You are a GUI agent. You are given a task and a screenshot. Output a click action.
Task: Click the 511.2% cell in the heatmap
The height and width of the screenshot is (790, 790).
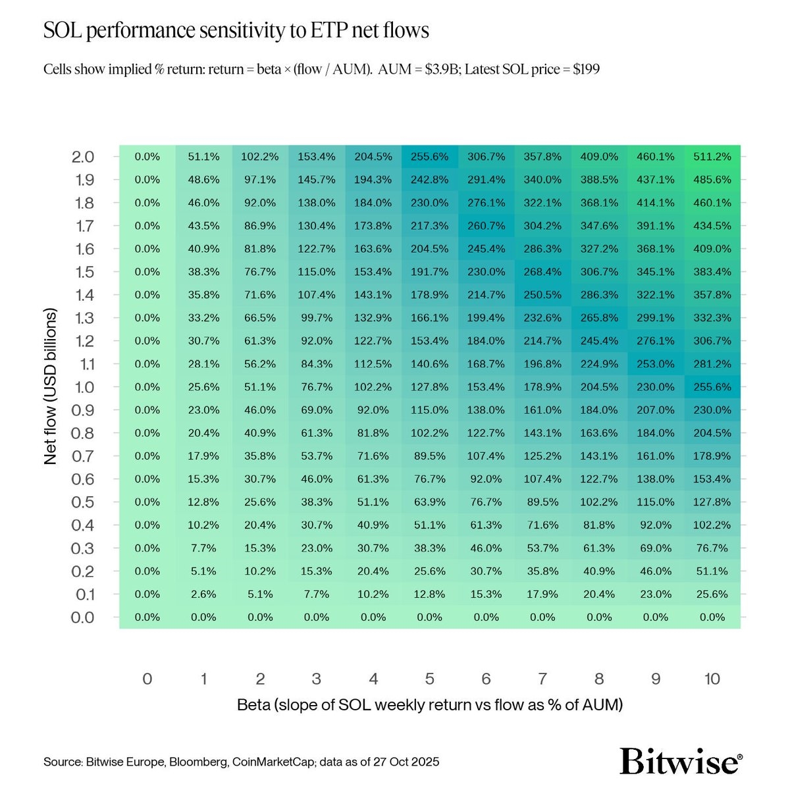tap(712, 157)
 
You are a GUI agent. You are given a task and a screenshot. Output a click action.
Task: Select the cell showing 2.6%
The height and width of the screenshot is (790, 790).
tap(203, 594)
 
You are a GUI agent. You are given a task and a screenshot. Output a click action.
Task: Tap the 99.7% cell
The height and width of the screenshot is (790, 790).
tap(317, 318)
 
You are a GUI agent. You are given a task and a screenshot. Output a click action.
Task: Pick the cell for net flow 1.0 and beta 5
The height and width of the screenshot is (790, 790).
tap(429, 387)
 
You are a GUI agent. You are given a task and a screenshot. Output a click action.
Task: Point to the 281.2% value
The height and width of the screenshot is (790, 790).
tap(712, 364)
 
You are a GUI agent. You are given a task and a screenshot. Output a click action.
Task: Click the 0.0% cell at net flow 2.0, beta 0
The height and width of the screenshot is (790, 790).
tap(147, 157)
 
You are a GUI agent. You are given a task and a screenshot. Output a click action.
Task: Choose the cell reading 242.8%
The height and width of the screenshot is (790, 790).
tap(429, 180)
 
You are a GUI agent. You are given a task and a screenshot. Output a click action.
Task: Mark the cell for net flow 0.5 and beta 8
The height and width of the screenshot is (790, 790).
tap(599, 502)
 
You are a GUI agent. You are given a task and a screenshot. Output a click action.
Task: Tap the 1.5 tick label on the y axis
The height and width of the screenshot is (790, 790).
tap(84, 272)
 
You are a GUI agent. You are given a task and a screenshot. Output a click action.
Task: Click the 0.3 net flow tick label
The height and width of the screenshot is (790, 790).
tap(83, 548)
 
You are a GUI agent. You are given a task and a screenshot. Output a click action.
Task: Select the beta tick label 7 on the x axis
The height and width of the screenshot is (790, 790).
tap(542, 679)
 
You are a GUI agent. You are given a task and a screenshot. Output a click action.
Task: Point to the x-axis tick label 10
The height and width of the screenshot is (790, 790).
tap(712, 679)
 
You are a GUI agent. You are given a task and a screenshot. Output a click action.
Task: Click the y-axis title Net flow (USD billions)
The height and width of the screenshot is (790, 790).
tap(51, 386)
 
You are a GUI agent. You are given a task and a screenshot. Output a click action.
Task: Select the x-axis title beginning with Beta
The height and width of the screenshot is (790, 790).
tap(429, 705)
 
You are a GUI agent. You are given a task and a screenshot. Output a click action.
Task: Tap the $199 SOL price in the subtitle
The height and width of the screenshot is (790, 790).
tap(586, 69)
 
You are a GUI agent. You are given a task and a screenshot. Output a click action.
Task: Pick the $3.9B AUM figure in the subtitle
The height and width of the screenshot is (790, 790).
tap(440, 69)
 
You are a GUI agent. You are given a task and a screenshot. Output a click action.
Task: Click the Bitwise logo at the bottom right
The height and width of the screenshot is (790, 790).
tap(681, 761)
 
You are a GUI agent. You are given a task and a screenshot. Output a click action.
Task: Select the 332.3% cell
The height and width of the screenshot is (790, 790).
tap(712, 318)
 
